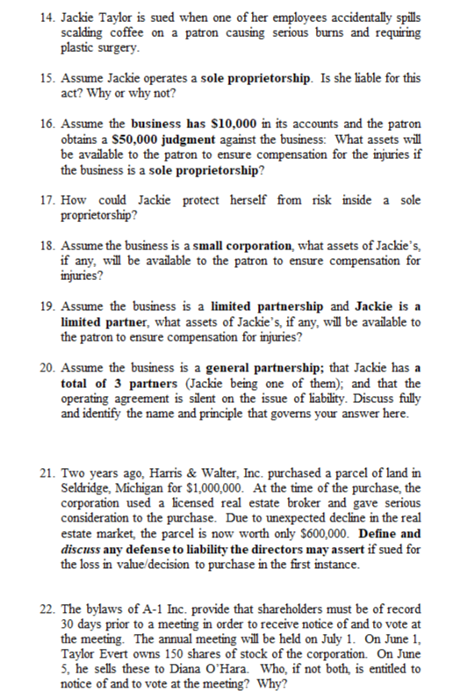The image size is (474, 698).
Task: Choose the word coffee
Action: (126, 32)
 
